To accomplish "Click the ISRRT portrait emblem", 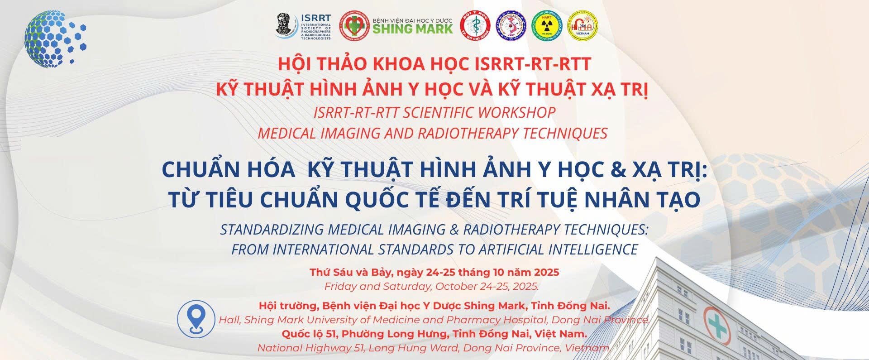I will pos(287,25).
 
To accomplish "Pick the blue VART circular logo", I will pos(511,24).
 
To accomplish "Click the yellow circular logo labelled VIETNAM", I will pos(583,24).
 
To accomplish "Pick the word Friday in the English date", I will pos(340,287).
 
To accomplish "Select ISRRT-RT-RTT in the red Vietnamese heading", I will pos(533,64).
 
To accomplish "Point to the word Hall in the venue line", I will pos(229,320).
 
